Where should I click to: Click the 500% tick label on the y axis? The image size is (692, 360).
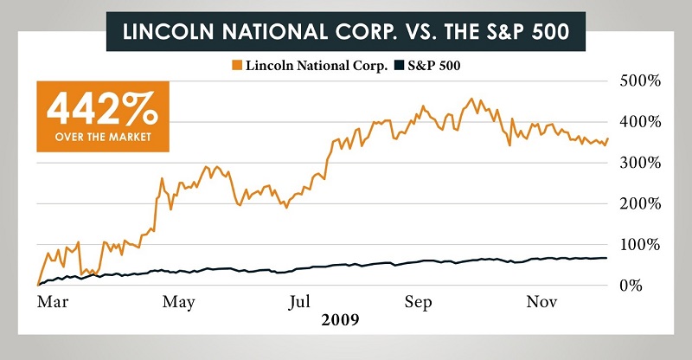coord(641,80)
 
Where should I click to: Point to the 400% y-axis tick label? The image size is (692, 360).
coord(641,121)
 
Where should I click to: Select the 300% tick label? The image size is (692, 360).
coord(641,162)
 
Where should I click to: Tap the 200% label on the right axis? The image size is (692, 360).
coord(641,203)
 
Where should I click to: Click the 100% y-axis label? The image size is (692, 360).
coord(641,244)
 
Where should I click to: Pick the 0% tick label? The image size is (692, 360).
coord(648,285)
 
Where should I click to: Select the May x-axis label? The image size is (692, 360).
coord(178,302)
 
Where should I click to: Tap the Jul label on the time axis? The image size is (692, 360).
coord(298,302)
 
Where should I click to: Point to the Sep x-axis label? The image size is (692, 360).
coord(419,302)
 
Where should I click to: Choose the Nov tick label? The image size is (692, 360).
coord(541,302)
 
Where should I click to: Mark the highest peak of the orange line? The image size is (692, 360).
coord(471,99)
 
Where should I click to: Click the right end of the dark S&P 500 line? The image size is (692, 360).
coord(606,258)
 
